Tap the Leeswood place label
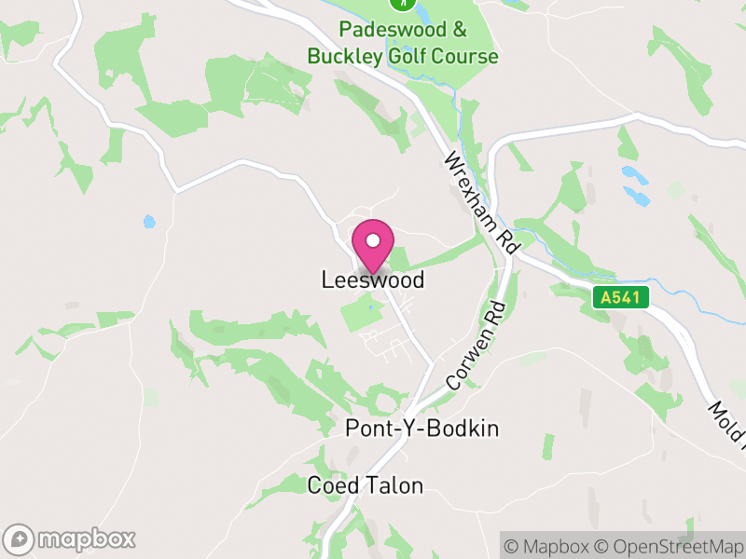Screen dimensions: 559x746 373,279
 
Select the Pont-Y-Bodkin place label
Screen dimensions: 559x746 422,429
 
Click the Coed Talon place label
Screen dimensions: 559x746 365,485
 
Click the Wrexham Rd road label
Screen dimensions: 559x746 481,201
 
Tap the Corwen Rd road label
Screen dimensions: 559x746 476,346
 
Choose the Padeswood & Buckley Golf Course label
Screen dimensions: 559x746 403,43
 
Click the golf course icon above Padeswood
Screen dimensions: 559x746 403,4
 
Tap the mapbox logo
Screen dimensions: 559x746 70,539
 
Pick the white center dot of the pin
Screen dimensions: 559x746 373,240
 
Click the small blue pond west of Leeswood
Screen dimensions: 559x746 149,222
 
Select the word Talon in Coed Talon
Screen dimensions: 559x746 395,485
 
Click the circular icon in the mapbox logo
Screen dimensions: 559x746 18,539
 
